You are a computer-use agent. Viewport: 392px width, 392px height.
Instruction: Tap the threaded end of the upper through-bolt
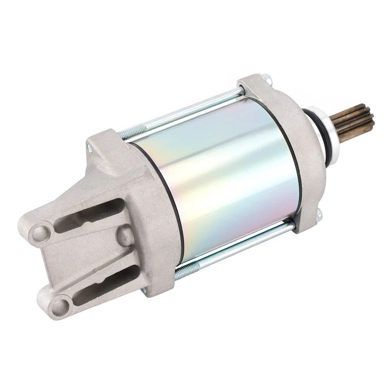(129, 132)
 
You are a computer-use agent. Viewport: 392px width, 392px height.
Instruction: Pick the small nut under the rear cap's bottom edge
(144, 291)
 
